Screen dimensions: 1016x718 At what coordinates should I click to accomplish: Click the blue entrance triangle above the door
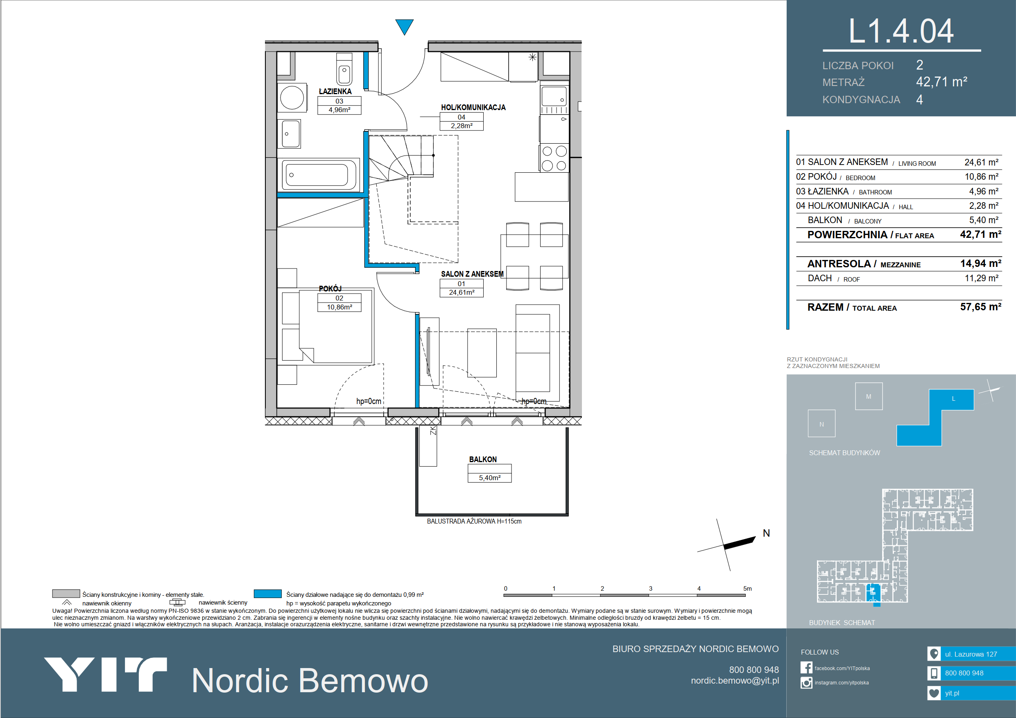click(x=404, y=26)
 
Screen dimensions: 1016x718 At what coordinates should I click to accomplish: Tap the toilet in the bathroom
click(x=344, y=69)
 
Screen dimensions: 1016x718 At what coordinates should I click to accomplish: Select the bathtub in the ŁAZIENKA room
click(x=319, y=175)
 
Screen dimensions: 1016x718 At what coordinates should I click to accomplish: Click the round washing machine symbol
click(x=292, y=97)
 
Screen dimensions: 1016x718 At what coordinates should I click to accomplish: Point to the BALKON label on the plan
click(x=483, y=460)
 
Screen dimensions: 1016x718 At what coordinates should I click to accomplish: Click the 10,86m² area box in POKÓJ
click(x=339, y=307)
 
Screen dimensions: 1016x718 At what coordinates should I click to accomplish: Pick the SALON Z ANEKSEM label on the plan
click(x=472, y=274)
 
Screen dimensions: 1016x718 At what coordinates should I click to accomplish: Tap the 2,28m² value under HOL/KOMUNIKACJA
click(x=462, y=126)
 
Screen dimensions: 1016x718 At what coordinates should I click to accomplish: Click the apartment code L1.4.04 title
click(x=901, y=32)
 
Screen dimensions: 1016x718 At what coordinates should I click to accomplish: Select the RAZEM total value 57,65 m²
click(x=981, y=307)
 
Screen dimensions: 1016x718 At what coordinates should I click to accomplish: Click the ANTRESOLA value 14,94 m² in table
click(x=981, y=264)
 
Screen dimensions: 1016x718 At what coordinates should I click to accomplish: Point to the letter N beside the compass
click(x=767, y=533)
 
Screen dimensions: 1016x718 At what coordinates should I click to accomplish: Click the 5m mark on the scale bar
click(x=747, y=589)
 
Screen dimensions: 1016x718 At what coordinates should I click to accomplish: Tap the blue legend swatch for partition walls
click(x=268, y=594)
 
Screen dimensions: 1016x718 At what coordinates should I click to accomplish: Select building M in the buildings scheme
click(x=869, y=396)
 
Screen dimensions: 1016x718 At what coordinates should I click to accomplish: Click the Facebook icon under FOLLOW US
click(x=806, y=668)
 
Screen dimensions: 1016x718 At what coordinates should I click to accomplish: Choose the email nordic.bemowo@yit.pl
click(x=735, y=681)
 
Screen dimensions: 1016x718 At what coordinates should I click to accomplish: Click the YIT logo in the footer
click(x=105, y=675)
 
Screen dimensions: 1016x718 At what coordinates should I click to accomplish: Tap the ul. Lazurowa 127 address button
click(x=971, y=654)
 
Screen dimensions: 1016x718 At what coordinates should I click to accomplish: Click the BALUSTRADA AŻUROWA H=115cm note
click(x=474, y=522)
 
